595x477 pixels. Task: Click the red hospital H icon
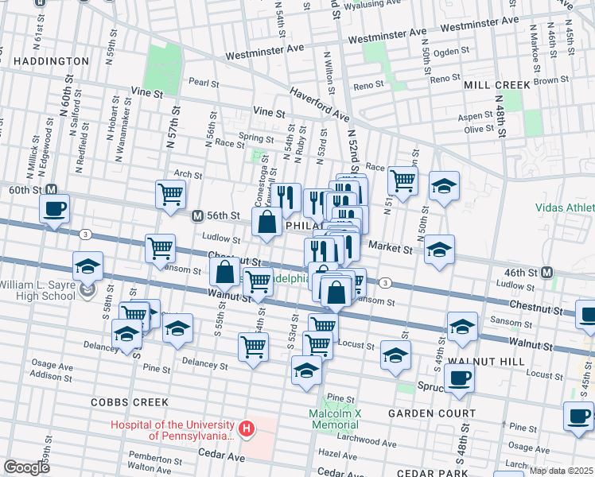tap(247, 429)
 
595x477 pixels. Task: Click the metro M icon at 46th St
tap(547, 272)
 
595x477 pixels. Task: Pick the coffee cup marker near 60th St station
tap(54, 209)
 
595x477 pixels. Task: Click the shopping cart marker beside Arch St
tap(170, 194)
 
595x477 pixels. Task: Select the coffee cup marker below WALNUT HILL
tap(459, 378)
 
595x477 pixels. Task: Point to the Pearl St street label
tap(203, 81)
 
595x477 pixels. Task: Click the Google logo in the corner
tap(26, 467)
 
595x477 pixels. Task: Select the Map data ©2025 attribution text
tap(560, 471)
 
